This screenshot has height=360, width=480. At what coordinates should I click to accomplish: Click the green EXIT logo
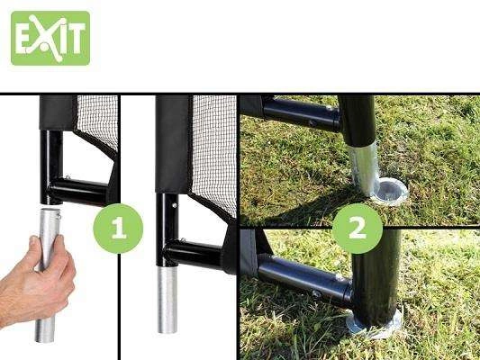50,38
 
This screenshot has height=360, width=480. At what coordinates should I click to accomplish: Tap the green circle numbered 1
118,229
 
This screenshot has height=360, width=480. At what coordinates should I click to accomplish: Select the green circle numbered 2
358,229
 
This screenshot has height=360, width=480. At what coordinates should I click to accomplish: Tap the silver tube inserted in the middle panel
168,299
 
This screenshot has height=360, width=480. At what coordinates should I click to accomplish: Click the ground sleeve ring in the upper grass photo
390,193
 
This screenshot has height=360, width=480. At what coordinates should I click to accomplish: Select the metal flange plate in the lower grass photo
375,324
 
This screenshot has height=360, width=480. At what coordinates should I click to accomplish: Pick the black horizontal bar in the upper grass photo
302,113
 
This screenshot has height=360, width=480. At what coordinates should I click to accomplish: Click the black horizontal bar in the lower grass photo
306,279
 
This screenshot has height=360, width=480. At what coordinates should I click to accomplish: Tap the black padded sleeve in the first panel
58,112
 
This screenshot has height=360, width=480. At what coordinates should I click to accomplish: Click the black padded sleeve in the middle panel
173,144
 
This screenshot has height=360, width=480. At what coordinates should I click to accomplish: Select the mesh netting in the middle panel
214,153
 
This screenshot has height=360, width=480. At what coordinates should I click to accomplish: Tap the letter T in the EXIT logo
77,38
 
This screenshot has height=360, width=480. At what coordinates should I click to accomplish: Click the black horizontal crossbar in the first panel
80,191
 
